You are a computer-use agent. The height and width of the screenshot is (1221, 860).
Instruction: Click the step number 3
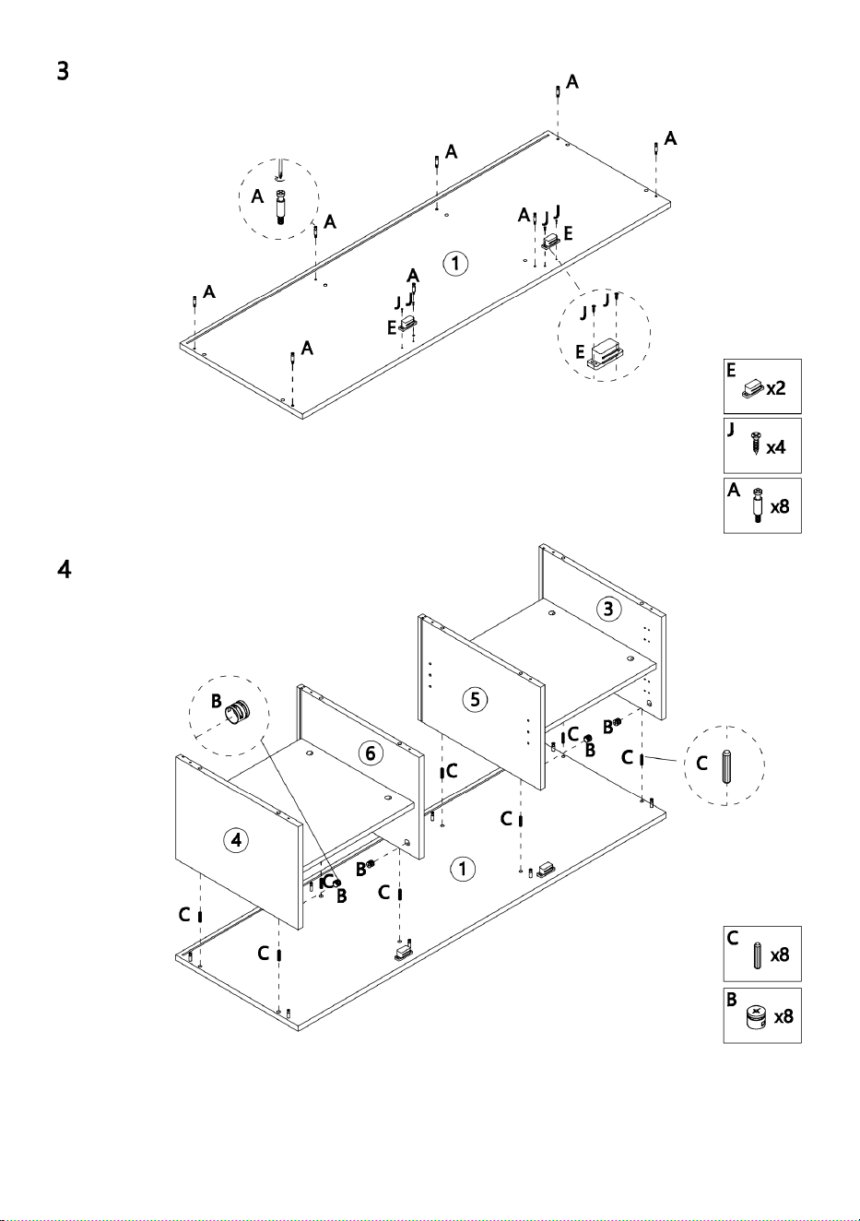[x=63, y=71]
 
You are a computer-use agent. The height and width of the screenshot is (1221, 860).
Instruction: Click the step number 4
[x=65, y=569]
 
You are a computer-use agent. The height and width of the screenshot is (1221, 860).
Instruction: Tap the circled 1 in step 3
[x=455, y=264]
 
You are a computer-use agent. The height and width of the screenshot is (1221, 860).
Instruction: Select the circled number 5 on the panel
[x=475, y=699]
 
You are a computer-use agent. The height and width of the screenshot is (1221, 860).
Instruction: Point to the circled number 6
[x=371, y=753]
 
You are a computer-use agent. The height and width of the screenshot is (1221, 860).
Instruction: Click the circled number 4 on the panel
[x=236, y=840]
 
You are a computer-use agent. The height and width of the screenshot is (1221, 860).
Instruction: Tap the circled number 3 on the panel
[x=608, y=609]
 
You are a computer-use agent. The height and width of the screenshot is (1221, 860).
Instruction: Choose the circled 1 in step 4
[x=463, y=869]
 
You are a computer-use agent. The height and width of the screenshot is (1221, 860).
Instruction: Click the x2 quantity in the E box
[x=776, y=388]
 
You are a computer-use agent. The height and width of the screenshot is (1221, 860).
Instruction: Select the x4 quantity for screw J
[x=776, y=447]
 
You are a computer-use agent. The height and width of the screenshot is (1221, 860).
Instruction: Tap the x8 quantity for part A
[x=779, y=507]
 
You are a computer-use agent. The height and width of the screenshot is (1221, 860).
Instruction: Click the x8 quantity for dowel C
[x=779, y=954]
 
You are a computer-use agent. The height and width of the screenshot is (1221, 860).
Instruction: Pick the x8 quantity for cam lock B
[x=783, y=1016]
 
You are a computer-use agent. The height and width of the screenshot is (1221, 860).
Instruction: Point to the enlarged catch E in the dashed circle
[x=607, y=354]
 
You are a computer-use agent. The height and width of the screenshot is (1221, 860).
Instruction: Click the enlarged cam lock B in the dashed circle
[x=238, y=711]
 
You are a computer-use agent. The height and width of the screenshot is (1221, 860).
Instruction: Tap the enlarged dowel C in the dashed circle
[x=726, y=766]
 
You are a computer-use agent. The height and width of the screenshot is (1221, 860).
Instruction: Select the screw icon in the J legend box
[x=755, y=444]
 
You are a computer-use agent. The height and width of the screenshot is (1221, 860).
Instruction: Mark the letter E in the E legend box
[x=731, y=371]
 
